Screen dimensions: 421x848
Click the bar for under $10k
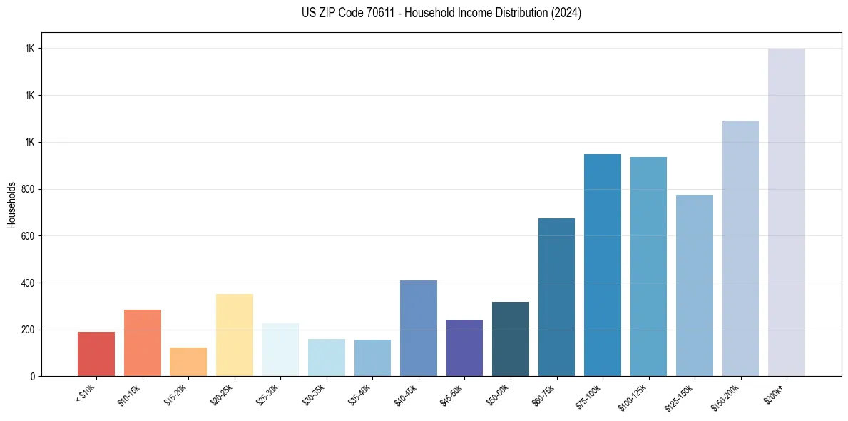(96, 354)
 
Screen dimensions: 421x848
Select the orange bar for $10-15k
(143, 343)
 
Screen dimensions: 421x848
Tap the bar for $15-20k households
(188, 362)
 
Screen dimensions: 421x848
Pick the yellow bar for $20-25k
(235, 335)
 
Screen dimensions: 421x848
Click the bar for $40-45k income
(419, 328)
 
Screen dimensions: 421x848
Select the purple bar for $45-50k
(464, 348)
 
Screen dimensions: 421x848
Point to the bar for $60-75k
(556, 297)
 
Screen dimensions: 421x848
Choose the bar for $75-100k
(603, 265)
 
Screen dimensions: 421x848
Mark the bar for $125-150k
(695, 285)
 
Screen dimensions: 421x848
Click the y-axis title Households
(11, 204)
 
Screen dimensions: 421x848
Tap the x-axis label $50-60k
(498, 395)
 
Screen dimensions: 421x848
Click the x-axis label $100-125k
(634, 397)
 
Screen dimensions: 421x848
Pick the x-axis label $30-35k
(314, 395)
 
